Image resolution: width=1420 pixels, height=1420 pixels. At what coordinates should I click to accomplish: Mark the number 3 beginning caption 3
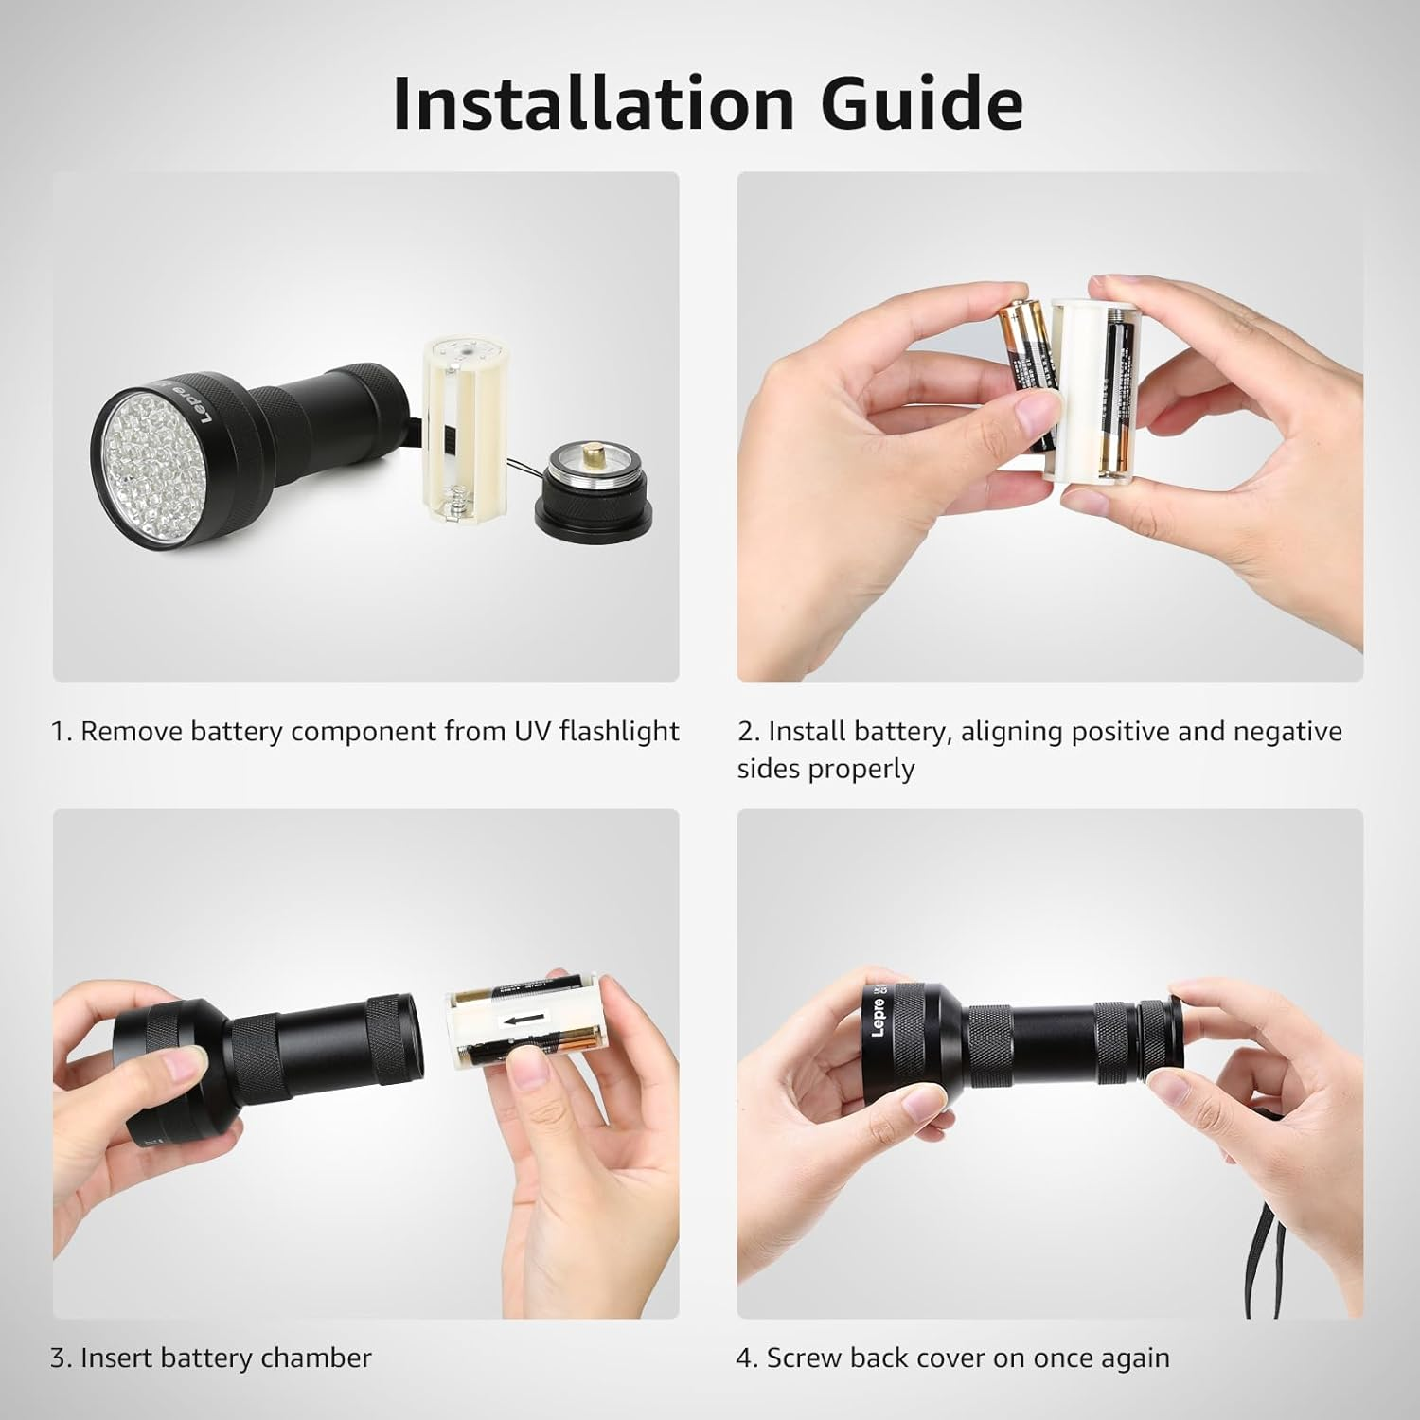tap(58, 1358)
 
